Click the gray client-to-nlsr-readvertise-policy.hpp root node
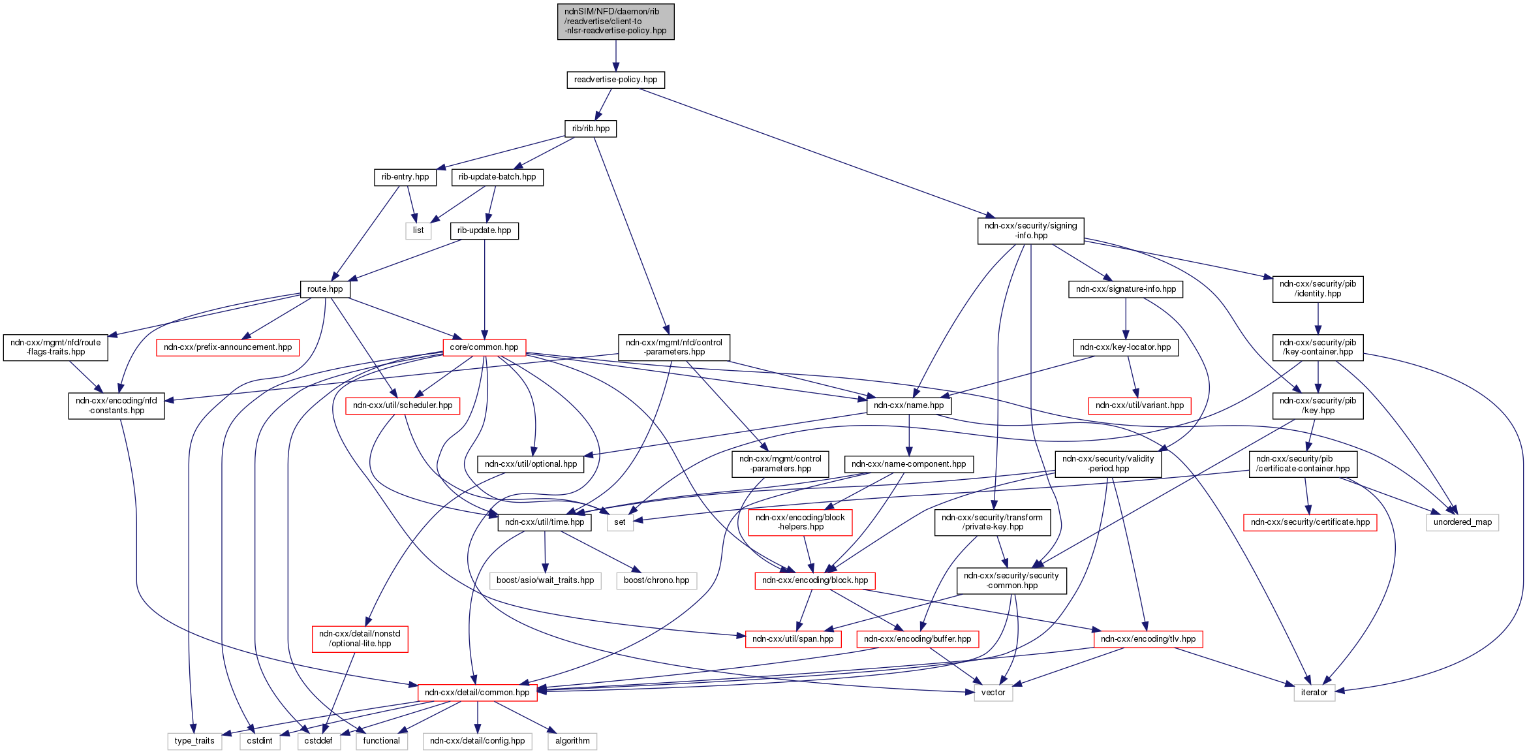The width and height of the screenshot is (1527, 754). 615,22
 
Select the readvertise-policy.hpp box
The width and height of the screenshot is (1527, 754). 615,80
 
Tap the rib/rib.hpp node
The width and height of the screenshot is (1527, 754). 591,129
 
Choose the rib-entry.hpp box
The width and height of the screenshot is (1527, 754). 405,177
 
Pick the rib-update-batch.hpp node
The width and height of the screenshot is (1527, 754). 497,177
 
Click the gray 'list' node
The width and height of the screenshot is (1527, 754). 418,230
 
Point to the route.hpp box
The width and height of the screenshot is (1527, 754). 325,289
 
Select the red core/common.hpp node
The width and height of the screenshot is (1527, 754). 484,347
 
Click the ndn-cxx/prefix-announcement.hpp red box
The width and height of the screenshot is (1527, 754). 228,347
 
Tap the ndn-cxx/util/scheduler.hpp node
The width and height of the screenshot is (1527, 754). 403,405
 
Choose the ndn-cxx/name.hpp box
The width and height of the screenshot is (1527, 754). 908,405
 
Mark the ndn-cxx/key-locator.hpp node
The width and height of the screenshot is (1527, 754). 1125,347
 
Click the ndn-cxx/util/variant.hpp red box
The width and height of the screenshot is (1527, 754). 1139,405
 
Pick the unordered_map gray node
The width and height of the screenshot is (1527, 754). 1462,522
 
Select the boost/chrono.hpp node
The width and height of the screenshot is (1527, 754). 656,580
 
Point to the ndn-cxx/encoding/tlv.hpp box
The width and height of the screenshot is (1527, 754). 1148,639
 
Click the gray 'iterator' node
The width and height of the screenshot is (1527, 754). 1314,693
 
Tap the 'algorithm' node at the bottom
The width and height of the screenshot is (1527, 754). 572,741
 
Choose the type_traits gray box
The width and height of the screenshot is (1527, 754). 194,741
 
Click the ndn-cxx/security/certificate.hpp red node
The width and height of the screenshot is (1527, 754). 1310,522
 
